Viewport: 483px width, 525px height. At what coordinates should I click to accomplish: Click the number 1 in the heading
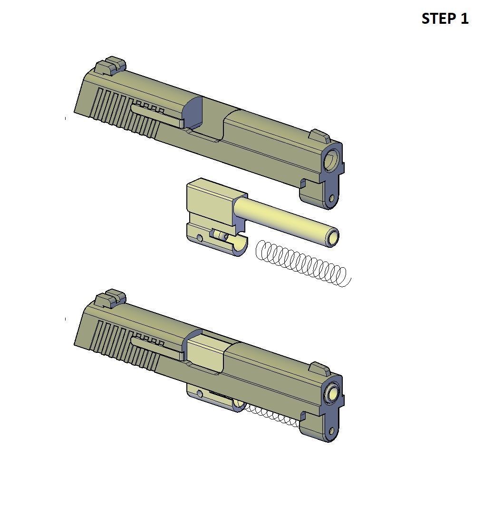(x=464, y=19)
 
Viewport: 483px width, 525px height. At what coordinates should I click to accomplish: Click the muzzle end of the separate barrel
(x=332, y=237)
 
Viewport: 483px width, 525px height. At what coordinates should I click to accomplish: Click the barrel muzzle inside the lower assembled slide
(x=333, y=393)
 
